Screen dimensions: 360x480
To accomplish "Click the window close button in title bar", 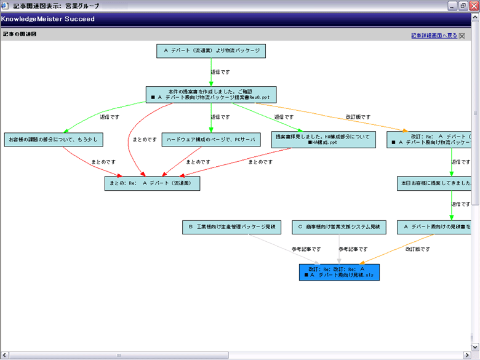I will (472, 6).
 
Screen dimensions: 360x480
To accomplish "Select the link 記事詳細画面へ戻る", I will (434, 36).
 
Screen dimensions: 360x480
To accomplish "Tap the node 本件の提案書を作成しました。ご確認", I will (211, 94).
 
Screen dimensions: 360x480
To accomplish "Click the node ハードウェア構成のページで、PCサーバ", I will (210, 140).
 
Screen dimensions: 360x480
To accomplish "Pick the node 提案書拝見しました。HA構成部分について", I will (323, 139).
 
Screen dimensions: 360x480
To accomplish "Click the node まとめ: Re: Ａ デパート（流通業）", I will (152, 183).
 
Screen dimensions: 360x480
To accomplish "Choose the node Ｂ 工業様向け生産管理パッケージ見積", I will (231, 227).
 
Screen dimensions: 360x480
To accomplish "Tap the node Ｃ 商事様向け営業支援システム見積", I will (338, 227).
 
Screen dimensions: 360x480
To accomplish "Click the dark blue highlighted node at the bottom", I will (339, 272).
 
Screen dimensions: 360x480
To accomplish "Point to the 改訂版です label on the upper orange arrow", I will (358, 116).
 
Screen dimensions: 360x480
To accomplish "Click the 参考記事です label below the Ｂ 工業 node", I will (306, 249).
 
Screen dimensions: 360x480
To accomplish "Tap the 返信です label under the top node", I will (220, 72).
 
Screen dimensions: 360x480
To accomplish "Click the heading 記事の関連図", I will (19, 34).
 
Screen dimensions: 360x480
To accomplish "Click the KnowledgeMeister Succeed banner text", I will (48, 19).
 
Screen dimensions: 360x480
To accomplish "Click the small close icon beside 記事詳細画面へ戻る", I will (462, 36).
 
